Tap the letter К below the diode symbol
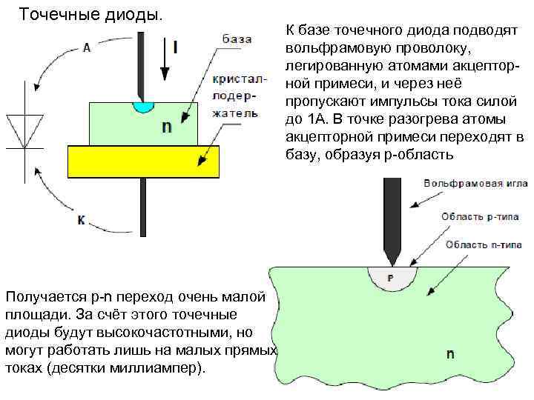[x=82, y=220]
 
